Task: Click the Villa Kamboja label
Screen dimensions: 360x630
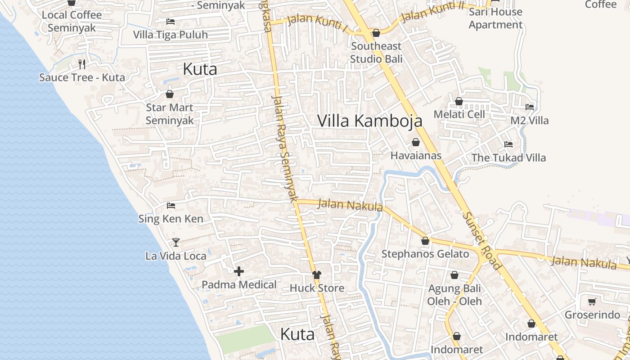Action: click(370, 121)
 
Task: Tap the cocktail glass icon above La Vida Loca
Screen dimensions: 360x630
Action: click(176, 243)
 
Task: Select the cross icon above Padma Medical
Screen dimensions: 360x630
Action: click(239, 271)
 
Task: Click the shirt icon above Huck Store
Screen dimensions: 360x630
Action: click(317, 275)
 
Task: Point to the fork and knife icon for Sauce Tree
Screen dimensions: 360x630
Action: click(82, 64)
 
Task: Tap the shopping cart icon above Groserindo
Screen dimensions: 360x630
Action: click(592, 302)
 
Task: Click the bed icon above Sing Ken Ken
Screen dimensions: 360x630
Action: click(171, 206)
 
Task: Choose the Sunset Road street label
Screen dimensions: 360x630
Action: click(481, 241)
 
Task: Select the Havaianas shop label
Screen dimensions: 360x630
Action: click(416, 156)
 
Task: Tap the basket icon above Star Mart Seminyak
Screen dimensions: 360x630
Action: click(170, 94)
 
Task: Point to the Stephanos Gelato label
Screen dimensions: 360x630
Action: click(425, 254)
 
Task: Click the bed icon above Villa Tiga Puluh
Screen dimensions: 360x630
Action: click(171, 21)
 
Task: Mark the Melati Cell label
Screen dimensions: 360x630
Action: click(459, 114)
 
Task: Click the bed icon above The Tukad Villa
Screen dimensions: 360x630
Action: click(508, 144)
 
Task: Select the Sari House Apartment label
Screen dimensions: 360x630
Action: click(495, 18)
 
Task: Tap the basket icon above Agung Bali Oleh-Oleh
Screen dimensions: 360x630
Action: click(454, 275)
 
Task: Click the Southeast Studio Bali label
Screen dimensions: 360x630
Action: click(376, 52)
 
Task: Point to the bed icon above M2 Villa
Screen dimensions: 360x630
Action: click(530, 107)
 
